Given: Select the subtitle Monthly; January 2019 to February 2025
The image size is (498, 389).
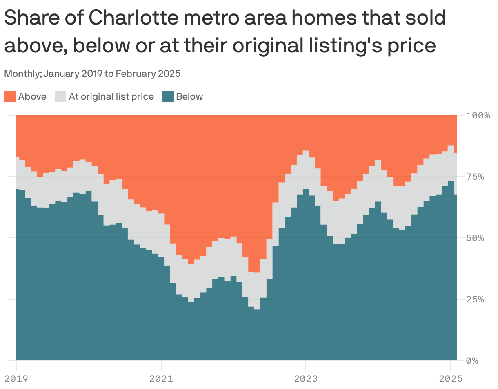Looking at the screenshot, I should point(92,74).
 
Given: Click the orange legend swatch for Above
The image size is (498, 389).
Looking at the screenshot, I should point(10,97).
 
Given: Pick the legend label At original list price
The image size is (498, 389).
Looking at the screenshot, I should point(111,97).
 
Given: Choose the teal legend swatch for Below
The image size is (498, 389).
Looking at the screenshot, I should point(168,97).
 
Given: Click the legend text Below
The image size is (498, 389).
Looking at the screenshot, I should point(189,97).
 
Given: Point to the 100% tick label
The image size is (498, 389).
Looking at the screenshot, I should point(478,115).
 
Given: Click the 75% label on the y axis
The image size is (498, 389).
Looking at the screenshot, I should point(475,177).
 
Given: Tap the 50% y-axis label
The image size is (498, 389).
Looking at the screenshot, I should point(475,238).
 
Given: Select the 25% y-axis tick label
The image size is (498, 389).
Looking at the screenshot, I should point(475,299).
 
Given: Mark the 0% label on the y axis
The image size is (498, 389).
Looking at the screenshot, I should point(473,360).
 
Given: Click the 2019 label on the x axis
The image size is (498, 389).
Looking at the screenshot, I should point(16,378).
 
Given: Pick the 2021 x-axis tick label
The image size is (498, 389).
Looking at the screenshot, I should point(161,378).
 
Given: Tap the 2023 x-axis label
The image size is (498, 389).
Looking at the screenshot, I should point(305,378).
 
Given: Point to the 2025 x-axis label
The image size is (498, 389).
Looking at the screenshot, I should point(451,378).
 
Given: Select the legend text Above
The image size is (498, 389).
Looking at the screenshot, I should point(32,97).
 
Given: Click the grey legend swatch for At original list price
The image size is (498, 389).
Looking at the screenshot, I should point(60,97).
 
